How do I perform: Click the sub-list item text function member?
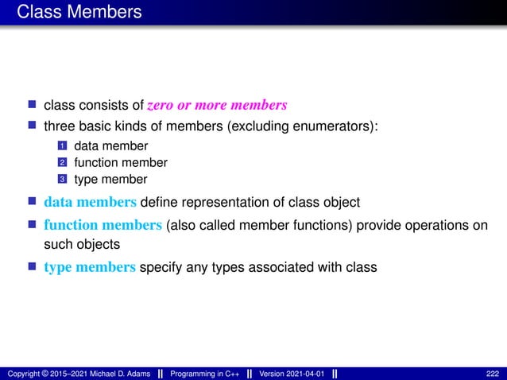[x=120, y=163]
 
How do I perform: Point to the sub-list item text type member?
[x=110, y=180]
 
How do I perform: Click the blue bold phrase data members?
[x=90, y=200]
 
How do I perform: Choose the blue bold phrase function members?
[x=103, y=225]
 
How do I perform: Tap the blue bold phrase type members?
[x=90, y=267]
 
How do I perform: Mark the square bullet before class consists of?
[x=33, y=105]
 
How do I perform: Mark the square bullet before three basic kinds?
[x=33, y=126]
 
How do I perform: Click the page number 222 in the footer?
[x=493, y=374]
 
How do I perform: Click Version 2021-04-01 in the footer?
[x=290, y=374]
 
